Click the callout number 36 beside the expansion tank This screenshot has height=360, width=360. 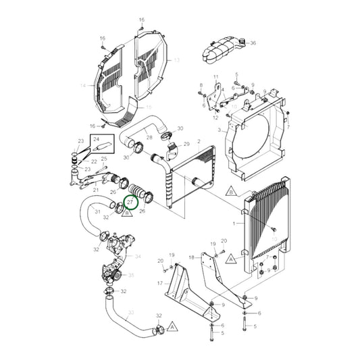253,43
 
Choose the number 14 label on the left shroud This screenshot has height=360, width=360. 84,85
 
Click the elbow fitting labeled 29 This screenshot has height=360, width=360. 178,145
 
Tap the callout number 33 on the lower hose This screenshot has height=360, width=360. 131,312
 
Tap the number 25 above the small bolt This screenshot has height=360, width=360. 104,159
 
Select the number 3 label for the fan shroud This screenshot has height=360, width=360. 220,129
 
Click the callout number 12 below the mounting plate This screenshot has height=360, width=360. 215,118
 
